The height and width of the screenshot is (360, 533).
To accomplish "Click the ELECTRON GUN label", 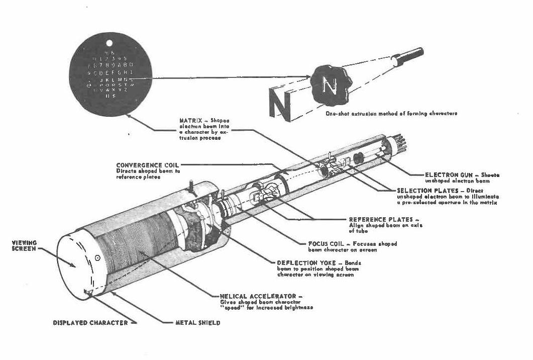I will click(447, 175).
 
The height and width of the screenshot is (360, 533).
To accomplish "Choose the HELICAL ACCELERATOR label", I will click(258, 297).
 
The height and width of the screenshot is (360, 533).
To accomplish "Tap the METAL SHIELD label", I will click(197, 323).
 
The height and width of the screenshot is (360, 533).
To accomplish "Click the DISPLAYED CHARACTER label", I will click(90, 323).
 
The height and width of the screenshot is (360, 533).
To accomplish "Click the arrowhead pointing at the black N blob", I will click(307, 77).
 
